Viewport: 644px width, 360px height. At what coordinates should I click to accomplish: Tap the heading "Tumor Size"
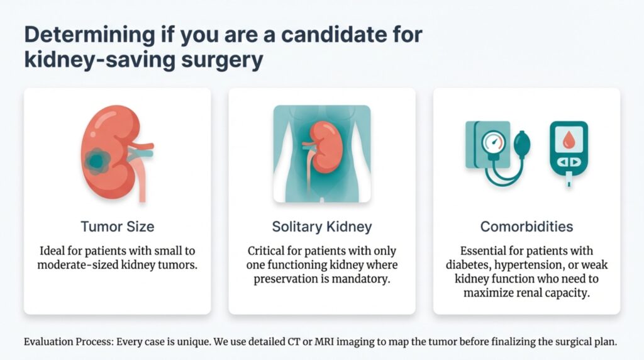click(x=117, y=227)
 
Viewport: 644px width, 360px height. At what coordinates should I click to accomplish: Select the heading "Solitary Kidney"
click(x=321, y=227)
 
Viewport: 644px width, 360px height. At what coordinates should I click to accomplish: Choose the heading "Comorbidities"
click(x=526, y=227)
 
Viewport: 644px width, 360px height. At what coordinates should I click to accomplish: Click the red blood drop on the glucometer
click(x=569, y=140)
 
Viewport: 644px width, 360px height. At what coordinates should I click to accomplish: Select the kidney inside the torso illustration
click(x=326, y=146)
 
